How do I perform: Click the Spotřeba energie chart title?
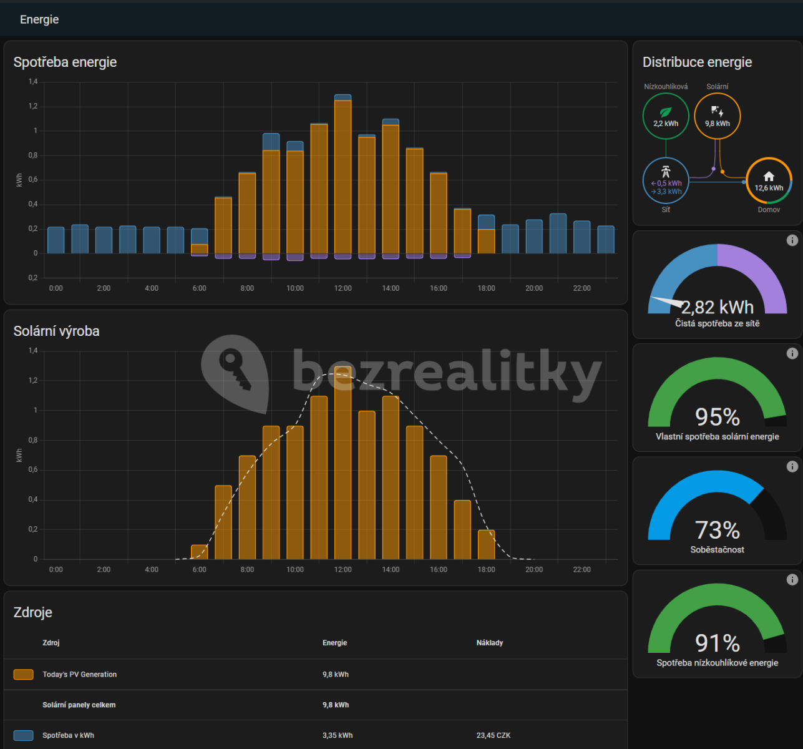[65, 62]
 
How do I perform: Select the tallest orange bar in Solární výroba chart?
[343, 463]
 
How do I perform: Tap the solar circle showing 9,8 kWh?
[718, 116]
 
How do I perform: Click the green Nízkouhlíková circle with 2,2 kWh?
[666, 116]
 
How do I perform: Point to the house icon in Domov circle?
[769, 177]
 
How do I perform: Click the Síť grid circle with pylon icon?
[666, 180]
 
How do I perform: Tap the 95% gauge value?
[718, 417]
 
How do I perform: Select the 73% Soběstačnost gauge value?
[718, 530]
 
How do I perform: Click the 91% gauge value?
[718, 643]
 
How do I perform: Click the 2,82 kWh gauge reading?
[718, 308]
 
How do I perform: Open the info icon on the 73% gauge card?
[792, 466]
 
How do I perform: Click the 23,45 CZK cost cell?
[494, 735]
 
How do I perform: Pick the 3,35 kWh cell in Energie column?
[338, 735]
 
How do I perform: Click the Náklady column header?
[490, 642]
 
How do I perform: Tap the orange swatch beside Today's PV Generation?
[24, 674]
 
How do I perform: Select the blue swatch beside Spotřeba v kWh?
[24, 735]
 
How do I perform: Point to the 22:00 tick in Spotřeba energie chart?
[582, 288]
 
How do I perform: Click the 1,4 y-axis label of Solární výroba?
[33, 350]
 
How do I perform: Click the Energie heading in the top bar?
[39, 19]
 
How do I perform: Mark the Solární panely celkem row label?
[79, 705]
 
